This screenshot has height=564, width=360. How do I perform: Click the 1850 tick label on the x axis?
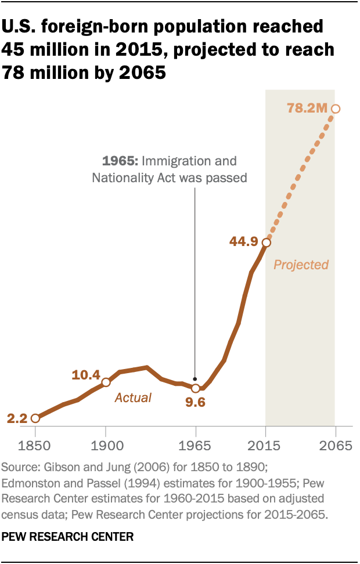(35, 446)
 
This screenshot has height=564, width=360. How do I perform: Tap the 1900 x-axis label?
(106, 446)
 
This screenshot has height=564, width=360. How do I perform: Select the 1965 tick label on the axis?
(196, 446)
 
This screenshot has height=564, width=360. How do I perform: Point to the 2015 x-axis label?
(265, 446)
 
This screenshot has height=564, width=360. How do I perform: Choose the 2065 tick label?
(335, 446)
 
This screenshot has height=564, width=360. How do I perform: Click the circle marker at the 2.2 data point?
(35, 418)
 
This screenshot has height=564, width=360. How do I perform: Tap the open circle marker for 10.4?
(106, 382)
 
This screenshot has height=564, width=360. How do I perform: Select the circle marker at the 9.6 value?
(196, 388)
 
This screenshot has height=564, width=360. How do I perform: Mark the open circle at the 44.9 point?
(265, 243)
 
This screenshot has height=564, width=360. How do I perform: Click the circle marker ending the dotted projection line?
(335, 109)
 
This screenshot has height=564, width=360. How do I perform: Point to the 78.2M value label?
(307, 108)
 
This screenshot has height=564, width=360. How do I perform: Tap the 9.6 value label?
(196, 402)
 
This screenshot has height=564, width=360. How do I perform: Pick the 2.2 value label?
(17, 418)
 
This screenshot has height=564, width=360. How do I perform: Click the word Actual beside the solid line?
(133, 397)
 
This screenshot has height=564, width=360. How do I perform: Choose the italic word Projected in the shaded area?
(301, 265)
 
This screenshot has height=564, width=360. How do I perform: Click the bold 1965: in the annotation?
(120, 161)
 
